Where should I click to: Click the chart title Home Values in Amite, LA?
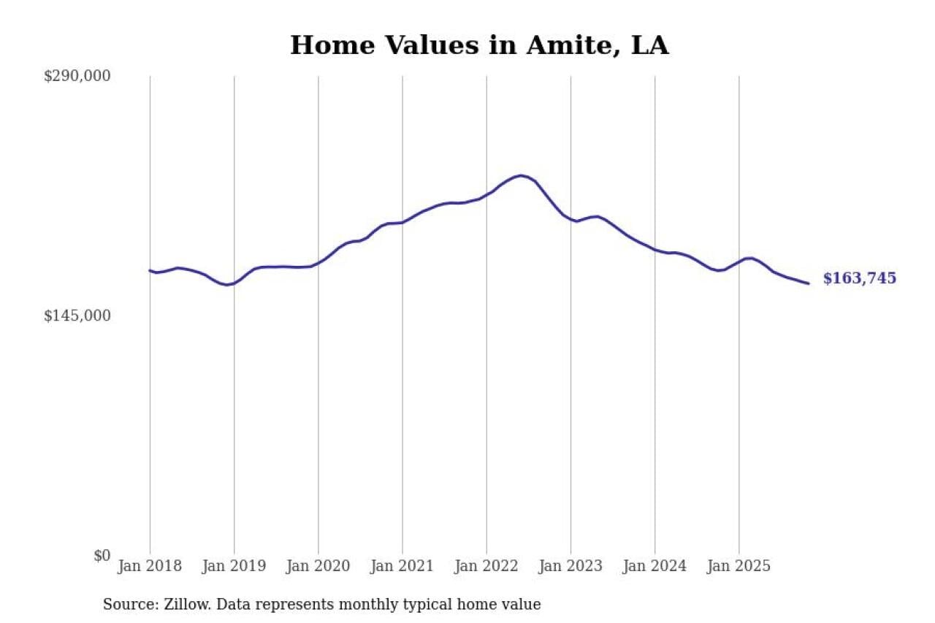(x=479, y=45)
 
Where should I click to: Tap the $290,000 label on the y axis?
(x=77, y=76)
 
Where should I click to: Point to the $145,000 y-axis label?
(x=77, y=316)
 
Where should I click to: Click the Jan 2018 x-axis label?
(x=150, y=566)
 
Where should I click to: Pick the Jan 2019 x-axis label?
(x=234, y=566)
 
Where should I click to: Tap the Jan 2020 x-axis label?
(x=318, y=566)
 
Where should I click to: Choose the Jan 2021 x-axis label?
(x=402, y=566)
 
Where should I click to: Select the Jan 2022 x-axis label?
(x=486, y=566)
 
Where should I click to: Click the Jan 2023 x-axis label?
(x=570, y=566)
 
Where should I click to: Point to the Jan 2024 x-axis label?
(x=654, y=566)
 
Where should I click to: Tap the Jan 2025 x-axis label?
(x=739, y=566)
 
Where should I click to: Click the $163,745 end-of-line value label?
(x=859, y=278)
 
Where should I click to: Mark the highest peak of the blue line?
(x=520, y=175)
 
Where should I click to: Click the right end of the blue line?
(x=809, y=283)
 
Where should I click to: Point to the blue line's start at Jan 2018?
(x=150, y=270)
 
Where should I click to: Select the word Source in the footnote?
(x=126, y=605)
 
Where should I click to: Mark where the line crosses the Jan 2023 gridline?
(x=570, y=219)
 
